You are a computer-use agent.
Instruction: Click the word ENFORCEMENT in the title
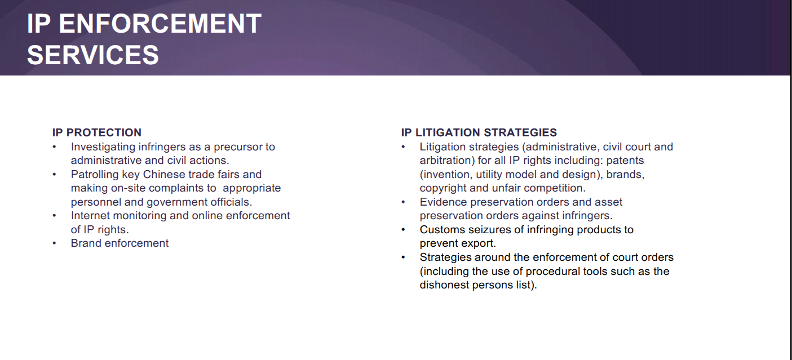pyautogui.click(x=160, y=24)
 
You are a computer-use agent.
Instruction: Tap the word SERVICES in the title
pyautogui.click(x=93, y=55)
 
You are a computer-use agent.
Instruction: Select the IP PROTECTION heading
pyautogui.click(x=97, y=132)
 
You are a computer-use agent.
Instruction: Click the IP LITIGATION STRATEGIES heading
pyautogui.click(x=479, y=132)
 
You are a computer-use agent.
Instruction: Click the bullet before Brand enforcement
pyautogui.click(x=54, y=243)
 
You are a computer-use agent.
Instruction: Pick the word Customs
pyautogui.click(x=443, y=230)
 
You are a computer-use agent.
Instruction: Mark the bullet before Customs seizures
pyautogui.click(x=403, y=230)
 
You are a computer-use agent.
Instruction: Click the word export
pyautogui.click(x=477, y=243)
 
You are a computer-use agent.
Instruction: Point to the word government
pyautogui.click(x=177, y=202)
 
